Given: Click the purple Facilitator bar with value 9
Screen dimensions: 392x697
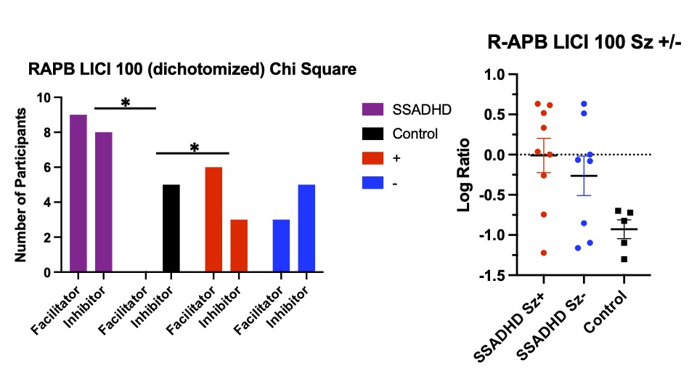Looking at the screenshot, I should tap(78, 194).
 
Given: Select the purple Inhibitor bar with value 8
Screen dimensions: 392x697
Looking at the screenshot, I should tap(103, 203).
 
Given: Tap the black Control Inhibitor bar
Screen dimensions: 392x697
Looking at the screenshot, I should tap(171, 229).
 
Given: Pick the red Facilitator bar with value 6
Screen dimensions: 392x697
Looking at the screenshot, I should tap(213, 220).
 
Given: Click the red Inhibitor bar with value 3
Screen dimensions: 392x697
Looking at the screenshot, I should tap(238, 246).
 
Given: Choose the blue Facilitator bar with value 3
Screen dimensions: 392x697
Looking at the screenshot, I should tap(281, 246).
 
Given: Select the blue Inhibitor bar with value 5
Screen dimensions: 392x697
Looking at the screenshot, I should tap(306, 229).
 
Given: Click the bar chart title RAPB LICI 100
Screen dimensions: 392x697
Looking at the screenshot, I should tap(192, 70).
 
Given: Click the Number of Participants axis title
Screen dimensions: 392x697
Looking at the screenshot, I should tap(21, 184).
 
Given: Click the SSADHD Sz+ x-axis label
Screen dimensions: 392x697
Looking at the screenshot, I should tap(512, 322).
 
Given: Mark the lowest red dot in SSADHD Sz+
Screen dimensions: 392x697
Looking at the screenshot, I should tap(543, 253).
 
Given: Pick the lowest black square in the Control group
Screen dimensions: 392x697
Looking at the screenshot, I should tap(623, 259).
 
